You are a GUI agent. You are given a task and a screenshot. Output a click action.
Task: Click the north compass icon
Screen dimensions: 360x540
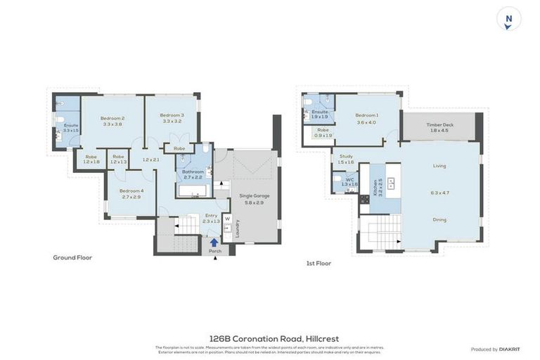(x=508, y=19)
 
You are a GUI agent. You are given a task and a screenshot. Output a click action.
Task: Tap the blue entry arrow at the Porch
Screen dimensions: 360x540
(x=214, y=243)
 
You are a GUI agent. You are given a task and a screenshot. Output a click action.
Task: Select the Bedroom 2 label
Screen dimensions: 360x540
(x=112, y=118)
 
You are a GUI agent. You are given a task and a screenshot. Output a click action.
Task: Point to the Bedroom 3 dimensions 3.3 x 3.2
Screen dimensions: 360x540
(x=172, y=122)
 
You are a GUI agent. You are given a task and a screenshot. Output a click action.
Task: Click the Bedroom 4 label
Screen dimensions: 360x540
(x=131, y=191)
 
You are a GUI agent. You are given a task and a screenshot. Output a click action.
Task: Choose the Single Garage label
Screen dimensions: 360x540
(x=254, y=195)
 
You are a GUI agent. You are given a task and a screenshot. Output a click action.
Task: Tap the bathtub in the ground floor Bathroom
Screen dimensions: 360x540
(x=191, y=190)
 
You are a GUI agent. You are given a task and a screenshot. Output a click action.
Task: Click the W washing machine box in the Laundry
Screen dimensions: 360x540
(x=227, y=219)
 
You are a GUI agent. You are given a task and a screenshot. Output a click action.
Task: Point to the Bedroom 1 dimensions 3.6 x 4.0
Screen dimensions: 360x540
(x=366, y=122)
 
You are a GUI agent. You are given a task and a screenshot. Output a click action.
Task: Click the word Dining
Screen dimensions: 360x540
(x=439, y=219)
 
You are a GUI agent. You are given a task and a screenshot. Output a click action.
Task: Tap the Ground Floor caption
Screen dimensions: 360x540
(x=72, y=257)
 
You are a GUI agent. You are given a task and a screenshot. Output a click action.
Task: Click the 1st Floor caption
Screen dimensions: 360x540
(x=319, y=263)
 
